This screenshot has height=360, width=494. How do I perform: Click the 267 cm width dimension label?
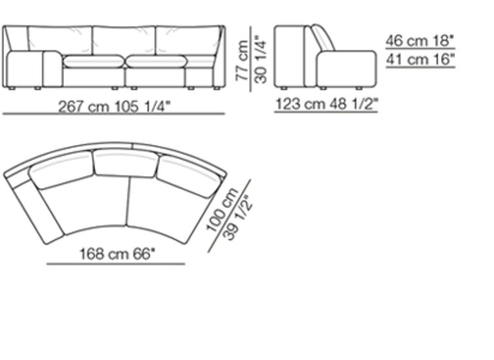coord(114,107)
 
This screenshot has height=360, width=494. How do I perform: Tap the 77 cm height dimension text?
coord(243,60)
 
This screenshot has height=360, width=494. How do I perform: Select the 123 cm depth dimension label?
coord(326,103)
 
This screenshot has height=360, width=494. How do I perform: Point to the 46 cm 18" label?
coord(420,41)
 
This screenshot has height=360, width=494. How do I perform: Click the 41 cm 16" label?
coord(421,60)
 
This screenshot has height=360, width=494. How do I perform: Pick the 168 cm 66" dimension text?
coord(117,254)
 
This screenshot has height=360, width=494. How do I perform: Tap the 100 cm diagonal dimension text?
coord(222,209)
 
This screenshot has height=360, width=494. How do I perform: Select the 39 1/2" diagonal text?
coord(238,218)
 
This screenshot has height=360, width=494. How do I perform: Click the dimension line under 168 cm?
coord(116,264)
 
